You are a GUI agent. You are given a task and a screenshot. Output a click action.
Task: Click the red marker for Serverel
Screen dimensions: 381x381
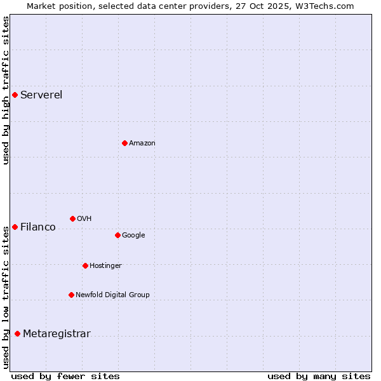15,95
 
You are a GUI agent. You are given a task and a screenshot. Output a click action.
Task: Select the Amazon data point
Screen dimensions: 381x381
124,143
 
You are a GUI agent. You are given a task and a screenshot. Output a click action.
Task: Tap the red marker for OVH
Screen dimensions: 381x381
72,218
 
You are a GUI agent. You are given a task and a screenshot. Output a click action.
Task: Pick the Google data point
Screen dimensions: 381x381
117,235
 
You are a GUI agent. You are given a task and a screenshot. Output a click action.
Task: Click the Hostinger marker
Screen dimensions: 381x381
85,265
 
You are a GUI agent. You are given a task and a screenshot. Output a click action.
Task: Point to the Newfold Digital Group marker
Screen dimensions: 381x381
71,295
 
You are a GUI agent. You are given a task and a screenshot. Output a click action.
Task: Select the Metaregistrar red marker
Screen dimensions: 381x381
17,334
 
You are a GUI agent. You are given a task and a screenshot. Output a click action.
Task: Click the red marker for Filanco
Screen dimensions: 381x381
15,227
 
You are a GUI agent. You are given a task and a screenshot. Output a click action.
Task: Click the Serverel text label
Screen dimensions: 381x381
41,95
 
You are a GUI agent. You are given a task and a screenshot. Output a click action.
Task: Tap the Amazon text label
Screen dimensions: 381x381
142,144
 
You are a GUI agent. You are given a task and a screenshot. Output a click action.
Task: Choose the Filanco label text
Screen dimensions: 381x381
38,227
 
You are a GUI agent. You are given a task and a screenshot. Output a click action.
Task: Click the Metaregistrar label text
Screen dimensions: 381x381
57,334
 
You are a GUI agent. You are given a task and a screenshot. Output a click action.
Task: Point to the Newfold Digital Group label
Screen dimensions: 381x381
112,295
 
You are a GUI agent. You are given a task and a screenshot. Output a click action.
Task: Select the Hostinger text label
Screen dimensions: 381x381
105,265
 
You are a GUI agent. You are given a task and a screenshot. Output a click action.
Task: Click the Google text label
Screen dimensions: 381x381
133,235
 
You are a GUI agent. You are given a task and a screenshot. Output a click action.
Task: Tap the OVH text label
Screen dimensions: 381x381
84,218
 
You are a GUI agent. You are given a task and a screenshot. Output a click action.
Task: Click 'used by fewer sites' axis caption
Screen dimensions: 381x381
65,376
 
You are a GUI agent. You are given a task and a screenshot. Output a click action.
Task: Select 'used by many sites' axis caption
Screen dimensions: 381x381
319,376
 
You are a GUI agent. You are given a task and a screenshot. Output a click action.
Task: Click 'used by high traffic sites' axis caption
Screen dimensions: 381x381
6,90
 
